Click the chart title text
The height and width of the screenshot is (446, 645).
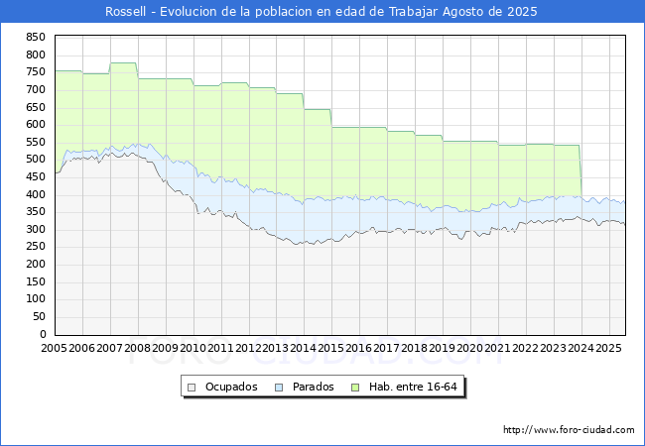[322, 12]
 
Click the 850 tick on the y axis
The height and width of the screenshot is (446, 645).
[35, 37]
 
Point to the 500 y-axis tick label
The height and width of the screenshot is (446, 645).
[35, 160]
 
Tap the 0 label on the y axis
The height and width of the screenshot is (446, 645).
[42, 334]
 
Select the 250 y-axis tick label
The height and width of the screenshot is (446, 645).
[35, 247]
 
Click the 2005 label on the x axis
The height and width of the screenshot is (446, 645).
[54, 349]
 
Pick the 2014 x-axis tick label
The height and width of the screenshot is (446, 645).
[303, 349]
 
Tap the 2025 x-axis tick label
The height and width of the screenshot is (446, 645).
[608, 349]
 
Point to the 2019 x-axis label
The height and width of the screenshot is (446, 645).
[442, 349]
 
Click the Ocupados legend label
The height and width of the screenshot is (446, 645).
[230, 387]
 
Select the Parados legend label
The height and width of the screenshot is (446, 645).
[313, 387]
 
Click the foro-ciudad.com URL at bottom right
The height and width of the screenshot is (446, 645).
[569, 430]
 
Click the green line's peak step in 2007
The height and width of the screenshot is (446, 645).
[123, 63]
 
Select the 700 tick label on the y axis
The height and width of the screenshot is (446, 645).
[35, 90]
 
